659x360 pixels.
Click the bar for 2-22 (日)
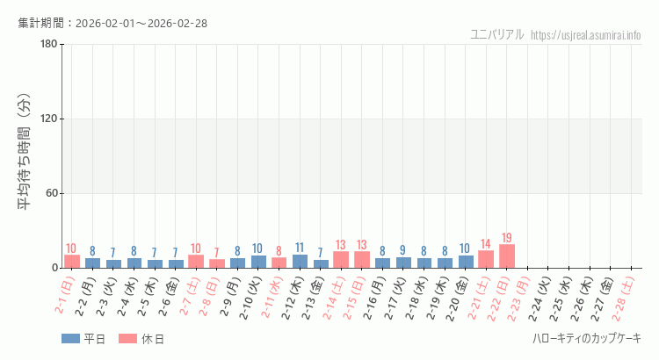tap(507, 256)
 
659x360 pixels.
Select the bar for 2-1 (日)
tap(72, 262)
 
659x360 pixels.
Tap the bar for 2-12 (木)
tap(300, 261)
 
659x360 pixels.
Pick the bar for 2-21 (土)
tap(486, 259)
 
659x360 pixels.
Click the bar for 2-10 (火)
tap(258, 262)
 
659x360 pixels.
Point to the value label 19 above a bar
tap(507, 238)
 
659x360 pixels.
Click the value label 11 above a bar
tap(300, 248)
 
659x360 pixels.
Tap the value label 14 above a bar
tap(486, 244)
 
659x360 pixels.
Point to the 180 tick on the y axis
tap(48, 45)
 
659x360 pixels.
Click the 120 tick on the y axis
tap(48, 119)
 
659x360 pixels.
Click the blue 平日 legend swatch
tap(70, 339)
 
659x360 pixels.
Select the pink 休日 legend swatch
tap(128, 339)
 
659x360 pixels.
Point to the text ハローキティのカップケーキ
tap(586, 339)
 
